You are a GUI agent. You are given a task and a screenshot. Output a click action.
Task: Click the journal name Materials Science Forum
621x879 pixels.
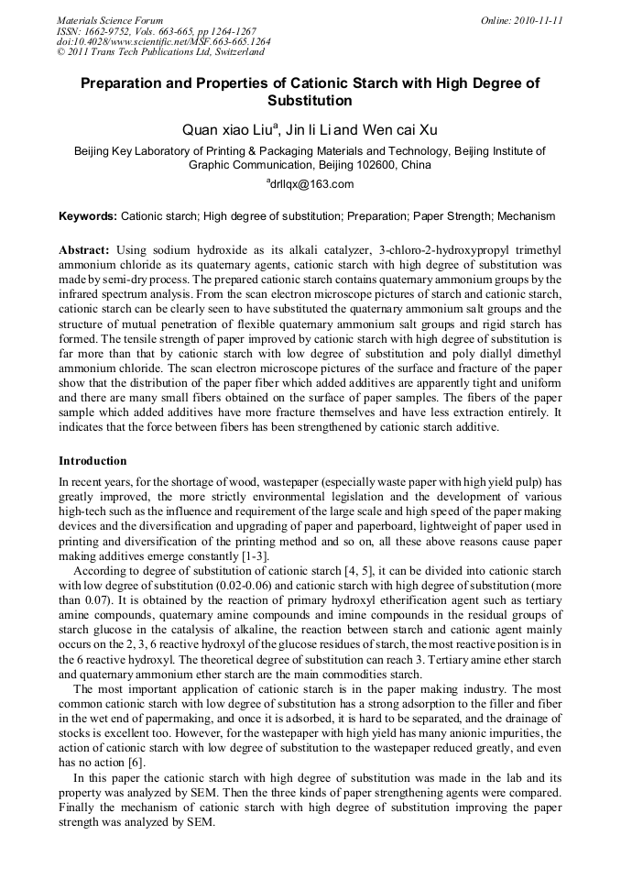point(110,20)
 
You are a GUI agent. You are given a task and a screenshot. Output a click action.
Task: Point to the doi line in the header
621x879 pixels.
point(163,41)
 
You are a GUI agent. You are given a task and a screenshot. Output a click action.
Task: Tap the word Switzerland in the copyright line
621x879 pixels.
point(231,52)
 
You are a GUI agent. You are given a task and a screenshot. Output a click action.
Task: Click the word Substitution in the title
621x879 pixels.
point(310,101)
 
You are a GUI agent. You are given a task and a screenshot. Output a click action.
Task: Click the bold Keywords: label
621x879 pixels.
point(88,216)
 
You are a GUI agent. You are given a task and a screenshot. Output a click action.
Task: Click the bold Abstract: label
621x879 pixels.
point(84,249)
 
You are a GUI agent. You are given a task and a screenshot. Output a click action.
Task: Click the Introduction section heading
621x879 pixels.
point(93,461)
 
